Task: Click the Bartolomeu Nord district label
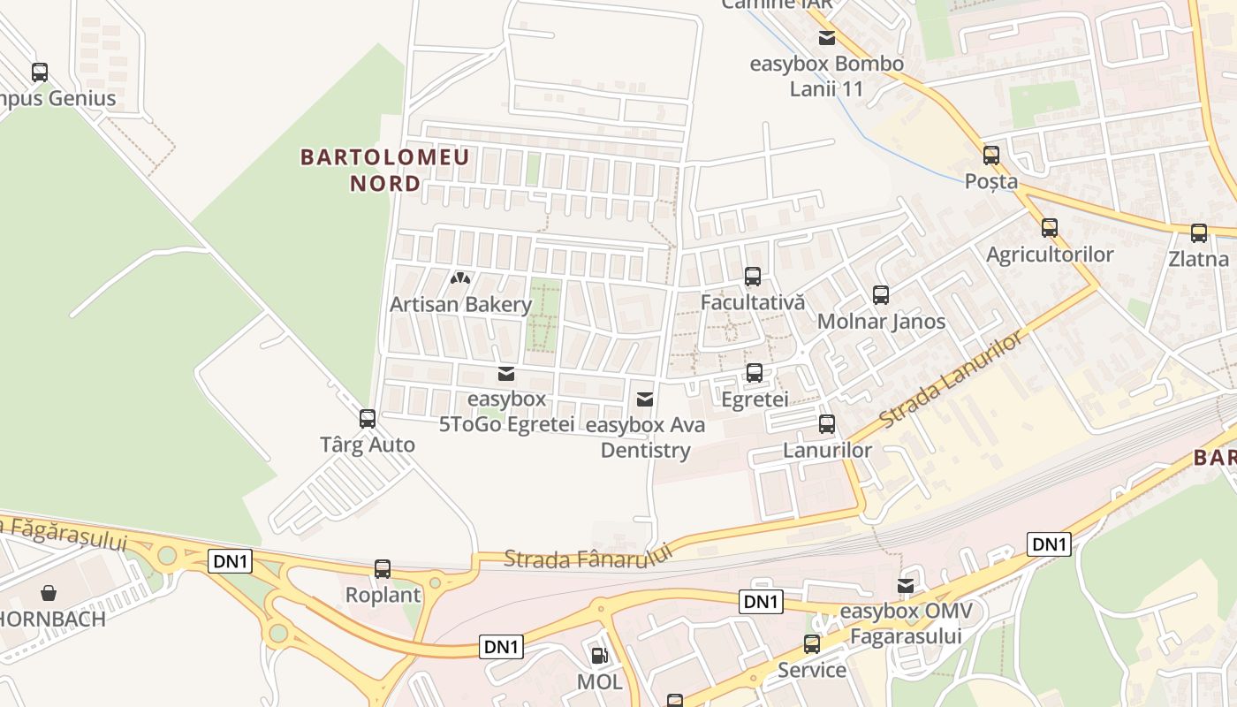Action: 384,171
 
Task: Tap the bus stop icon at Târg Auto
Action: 368,419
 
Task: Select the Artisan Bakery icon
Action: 459,278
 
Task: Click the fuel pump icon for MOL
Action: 599,656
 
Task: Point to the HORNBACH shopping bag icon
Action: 49,592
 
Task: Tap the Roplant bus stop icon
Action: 383,569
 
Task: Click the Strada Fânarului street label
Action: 588,557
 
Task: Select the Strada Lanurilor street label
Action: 952,379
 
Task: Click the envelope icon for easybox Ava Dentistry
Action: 645,399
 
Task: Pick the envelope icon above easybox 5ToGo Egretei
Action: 506,374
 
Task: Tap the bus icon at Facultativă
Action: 753,277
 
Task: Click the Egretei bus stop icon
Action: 755,373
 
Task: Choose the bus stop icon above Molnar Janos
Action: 881,295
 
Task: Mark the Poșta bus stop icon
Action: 991,156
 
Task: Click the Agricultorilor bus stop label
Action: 1050,255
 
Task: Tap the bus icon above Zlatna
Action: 1199,233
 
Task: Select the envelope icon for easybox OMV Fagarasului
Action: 906,586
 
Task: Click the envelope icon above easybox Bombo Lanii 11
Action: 827,38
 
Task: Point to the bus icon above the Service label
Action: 812,644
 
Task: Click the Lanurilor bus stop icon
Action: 827,424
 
